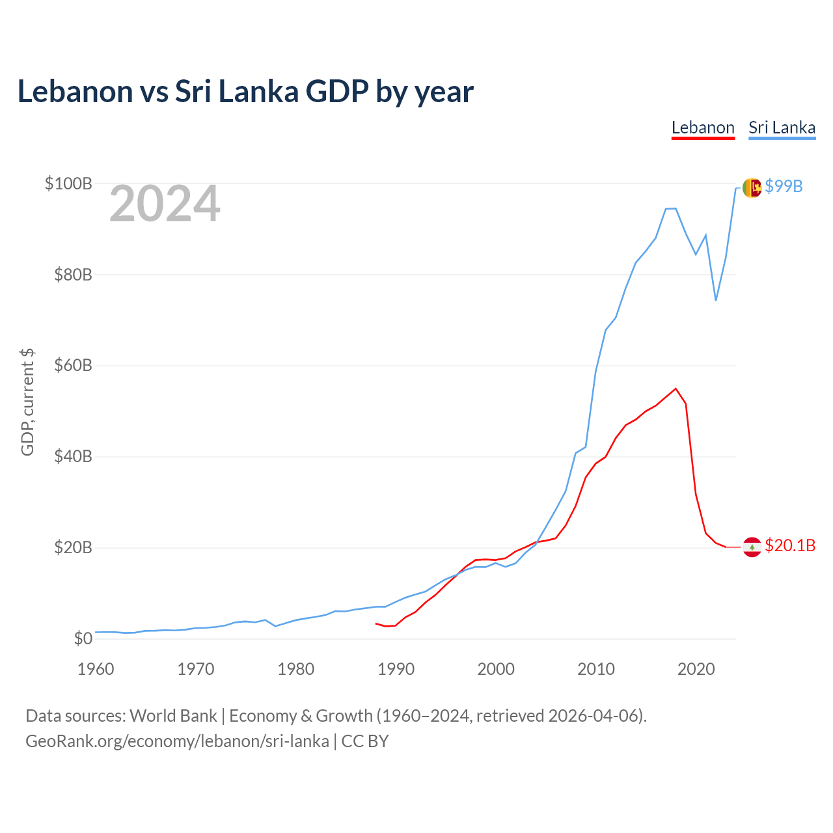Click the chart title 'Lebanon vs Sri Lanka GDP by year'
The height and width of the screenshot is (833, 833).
click(x=245, y=92)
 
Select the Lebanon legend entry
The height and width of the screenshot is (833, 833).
click(x=703, y=128)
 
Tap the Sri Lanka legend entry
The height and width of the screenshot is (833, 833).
click(x=782, y=128)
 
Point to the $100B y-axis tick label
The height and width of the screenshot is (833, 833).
click(x=68, y=184)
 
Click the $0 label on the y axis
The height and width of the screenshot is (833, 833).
click(x=83, y=638)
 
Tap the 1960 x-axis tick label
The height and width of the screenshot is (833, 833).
click(x=96, y=669)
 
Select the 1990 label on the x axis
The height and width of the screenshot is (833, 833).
click(x=396, y=669)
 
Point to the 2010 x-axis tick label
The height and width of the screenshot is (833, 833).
click(x=596, y=669)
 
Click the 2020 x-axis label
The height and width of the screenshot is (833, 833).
click(x=696, y=669)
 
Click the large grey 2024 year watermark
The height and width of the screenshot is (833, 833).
click(x=165, y=204)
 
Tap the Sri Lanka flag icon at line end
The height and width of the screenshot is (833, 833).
click(x=752, y=187)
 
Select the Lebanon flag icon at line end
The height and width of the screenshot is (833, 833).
click(x=752, y=547)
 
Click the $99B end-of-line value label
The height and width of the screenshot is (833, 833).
click(x=784, y=187)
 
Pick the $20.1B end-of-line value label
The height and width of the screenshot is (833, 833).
click(x=790, y=545)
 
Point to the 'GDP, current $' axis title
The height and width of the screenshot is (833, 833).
click(x=27, y=402)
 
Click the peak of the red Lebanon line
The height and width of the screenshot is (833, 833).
click(x=676, y=389)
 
